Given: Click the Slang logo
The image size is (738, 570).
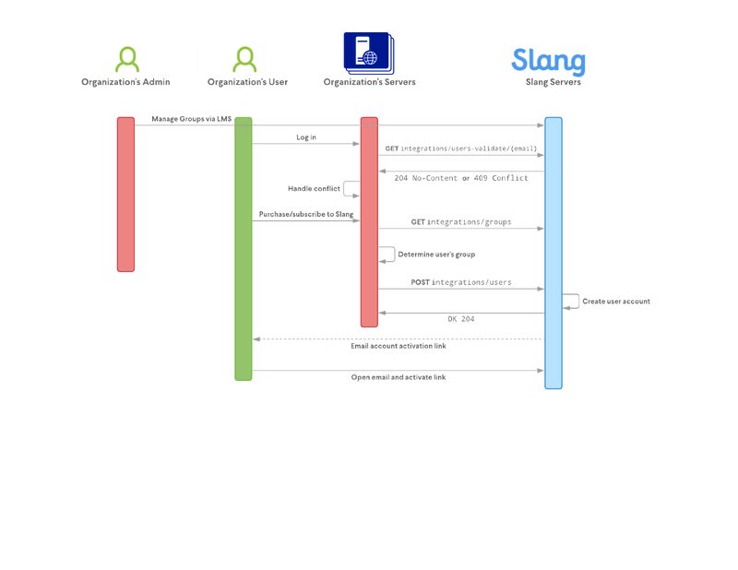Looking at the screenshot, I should pos(548,61).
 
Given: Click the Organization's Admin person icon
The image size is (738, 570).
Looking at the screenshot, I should pos(126,60).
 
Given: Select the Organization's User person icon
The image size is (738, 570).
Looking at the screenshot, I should pos(244,60).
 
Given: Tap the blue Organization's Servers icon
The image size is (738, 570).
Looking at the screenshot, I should pos(368,52).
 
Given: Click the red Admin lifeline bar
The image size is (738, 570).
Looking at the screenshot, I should pos(125,194).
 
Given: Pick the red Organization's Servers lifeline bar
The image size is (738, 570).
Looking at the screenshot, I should pos(368,221).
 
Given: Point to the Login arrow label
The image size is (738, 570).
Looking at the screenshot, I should pos(306,137).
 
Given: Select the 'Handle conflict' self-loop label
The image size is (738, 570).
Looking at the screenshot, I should pos(314,188).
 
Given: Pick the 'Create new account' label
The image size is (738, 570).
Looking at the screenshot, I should pos(616,302).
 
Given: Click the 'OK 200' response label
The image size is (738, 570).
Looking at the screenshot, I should pos(461,319).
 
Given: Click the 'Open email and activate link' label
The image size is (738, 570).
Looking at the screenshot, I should pos(399,377).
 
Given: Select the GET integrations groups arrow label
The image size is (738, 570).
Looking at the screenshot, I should pos(461,222).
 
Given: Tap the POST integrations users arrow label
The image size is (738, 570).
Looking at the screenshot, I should pos(461,282).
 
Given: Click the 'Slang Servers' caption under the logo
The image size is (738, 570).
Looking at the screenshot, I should pos(553,83).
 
